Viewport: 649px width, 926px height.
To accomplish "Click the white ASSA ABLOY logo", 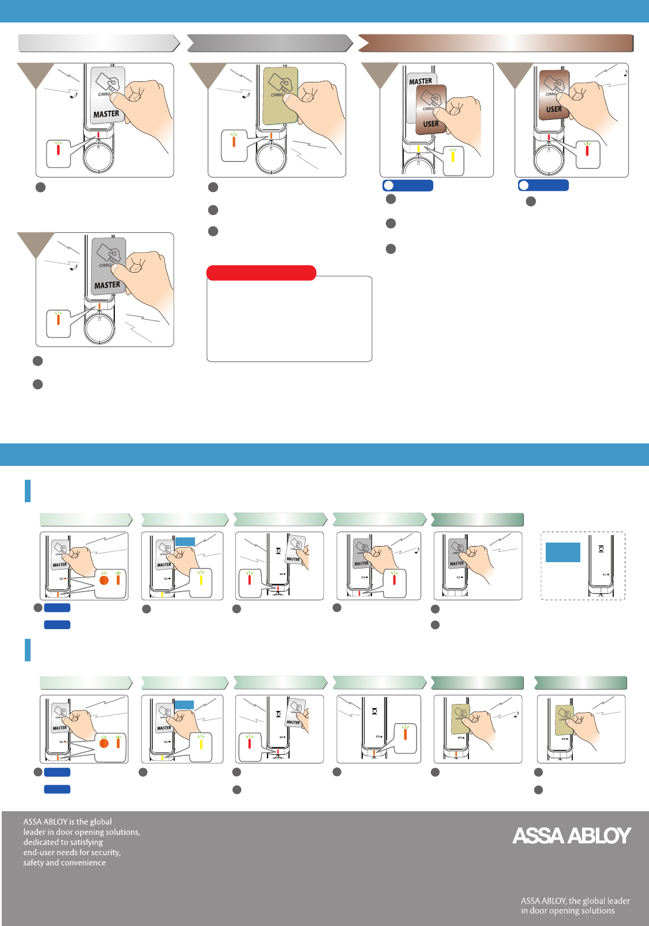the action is point(571,835).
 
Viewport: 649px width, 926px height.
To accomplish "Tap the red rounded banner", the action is point(261,273).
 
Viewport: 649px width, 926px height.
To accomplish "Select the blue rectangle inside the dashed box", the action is point(562,552).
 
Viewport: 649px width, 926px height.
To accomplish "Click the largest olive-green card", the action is point(280,96).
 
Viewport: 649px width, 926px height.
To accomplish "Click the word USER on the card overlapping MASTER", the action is point(431,124).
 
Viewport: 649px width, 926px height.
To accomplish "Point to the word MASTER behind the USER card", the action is point(420,81).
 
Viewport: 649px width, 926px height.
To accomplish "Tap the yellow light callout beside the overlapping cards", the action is point(453,160).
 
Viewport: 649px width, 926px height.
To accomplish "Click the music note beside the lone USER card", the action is point(625,74).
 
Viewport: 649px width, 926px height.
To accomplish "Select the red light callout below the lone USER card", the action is point(587,154).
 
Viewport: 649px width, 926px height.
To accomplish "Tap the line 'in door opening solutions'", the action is point(567,911).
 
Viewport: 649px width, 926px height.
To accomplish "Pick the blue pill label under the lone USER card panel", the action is point(543,185).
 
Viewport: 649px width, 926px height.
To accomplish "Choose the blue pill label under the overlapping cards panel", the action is point(408,185).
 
